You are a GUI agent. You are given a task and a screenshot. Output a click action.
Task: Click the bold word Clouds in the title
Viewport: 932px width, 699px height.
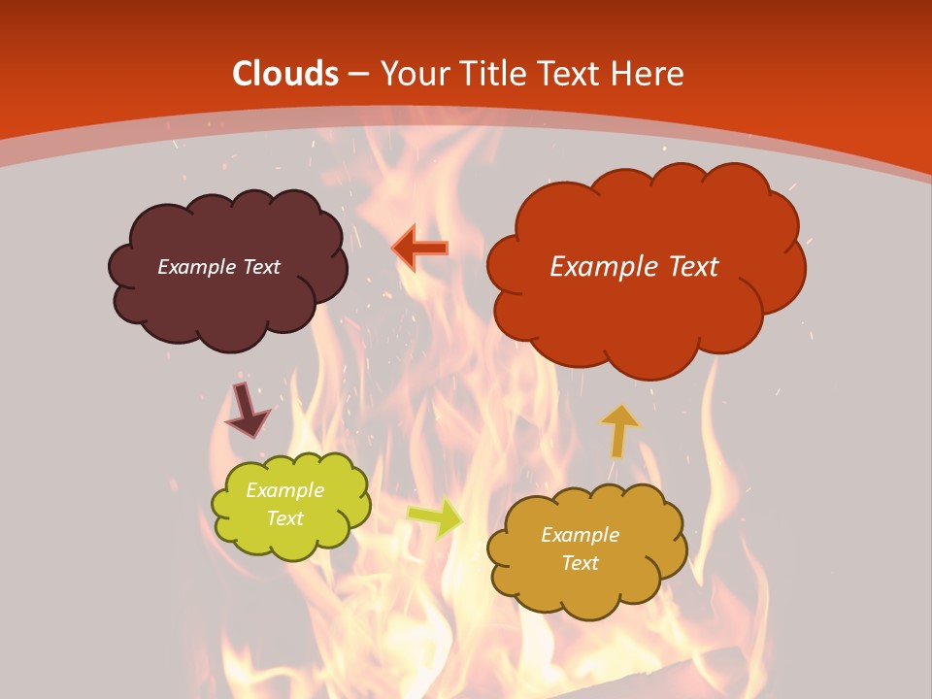285,74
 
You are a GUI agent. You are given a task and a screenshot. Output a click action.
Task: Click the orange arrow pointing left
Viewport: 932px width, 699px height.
420,248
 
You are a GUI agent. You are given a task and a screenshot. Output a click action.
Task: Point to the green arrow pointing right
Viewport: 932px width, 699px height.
436,517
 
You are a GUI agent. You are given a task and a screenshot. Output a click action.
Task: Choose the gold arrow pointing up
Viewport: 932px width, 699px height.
618,430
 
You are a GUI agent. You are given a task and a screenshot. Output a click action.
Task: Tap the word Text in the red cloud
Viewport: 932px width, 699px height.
684,267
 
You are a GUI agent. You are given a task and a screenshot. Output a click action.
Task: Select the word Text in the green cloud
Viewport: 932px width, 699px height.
284,518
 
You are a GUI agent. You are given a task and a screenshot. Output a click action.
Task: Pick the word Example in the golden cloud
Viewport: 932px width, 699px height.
580,535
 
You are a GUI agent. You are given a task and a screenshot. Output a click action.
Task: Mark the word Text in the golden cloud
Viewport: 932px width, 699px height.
580,563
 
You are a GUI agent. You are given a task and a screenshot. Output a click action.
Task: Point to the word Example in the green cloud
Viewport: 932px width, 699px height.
284,490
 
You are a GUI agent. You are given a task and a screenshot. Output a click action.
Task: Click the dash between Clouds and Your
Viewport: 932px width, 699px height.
359,75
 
